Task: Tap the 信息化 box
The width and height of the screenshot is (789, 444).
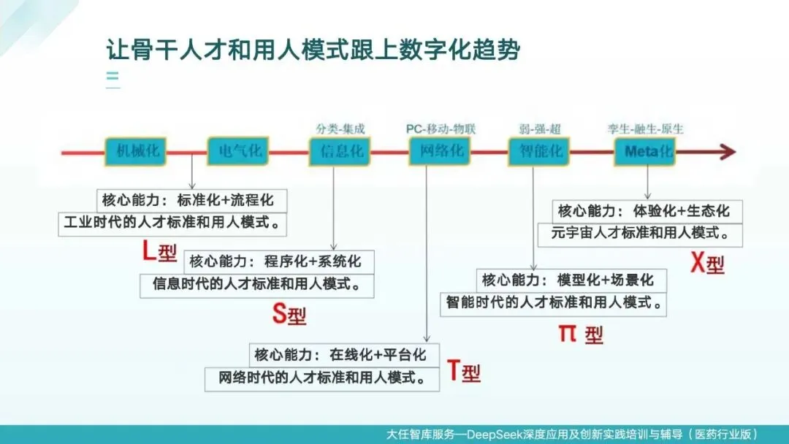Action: pyautogui.click(x=341, y=152)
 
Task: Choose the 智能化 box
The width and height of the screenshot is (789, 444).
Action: pyautogui.click(x=541, y=152)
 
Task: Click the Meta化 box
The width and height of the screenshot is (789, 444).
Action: pyautogui.click(x=649, y=152)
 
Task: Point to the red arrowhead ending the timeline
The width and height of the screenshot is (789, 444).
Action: pyautogui.click(x=726, y=152)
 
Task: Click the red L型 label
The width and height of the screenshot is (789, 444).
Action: pyautogui.click(x=159, y=253)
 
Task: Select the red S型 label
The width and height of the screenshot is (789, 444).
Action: pyautogui.click(x=289, y=314)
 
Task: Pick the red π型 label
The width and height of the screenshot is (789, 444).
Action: pyautogui.click(x=582, y=334)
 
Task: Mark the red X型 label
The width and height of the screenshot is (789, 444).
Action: pyautogui.click(x=707, y=263)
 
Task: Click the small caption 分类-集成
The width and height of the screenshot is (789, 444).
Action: pyautogui.click(x=340, y=129)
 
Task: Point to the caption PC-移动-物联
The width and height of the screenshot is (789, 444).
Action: pyautogui.click(x=441, y=129)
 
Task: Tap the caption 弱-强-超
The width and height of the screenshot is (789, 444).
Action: pyautogui.click(x=541, y=129)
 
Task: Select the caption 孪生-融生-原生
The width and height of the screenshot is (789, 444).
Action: pyautogui.click(x=646, y=129)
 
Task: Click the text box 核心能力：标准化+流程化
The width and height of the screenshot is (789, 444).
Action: pyautogui.click(x=191, y=200)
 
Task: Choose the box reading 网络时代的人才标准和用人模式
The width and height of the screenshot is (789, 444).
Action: pyautogui.click(x=322, y=378)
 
